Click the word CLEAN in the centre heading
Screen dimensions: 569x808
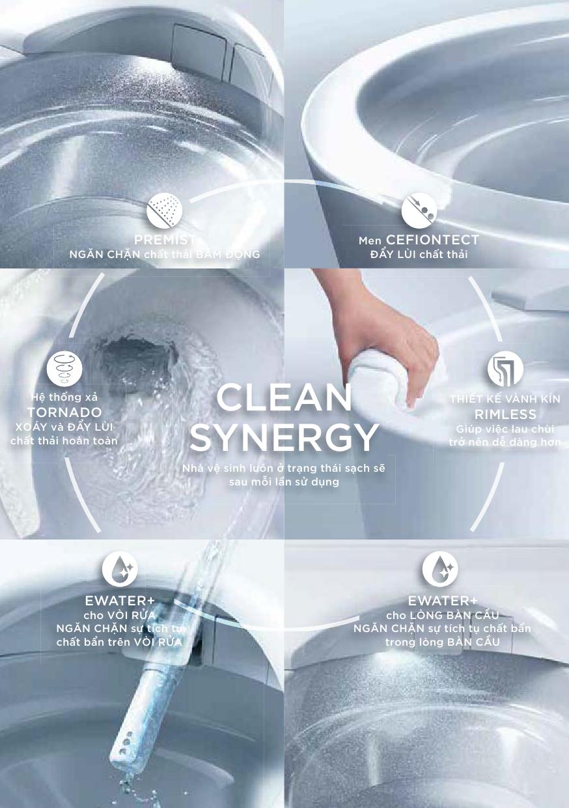coord(284,397)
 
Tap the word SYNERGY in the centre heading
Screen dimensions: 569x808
coord(284,437)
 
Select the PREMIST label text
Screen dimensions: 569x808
coord(165,240)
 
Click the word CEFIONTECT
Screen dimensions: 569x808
coord(432,240)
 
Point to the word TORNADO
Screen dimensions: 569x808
coord(64,412)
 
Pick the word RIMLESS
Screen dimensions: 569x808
coord(505,414)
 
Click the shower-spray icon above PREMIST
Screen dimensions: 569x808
coord(164,210)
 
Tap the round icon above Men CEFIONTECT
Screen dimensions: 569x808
coord(419,210)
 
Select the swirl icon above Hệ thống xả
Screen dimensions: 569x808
coord(64,369)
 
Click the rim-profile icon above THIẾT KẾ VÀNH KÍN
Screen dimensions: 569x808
coord(505,368)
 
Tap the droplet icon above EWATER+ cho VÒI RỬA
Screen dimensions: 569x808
coord(120,570)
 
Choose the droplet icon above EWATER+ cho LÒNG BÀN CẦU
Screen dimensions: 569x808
coord(440,570)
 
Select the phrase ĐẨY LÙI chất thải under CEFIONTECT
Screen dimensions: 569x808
coord(419,254)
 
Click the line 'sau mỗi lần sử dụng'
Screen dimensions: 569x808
coord(284,482)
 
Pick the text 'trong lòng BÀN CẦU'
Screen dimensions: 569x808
coord(443,642)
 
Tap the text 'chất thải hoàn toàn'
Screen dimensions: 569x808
coord(64,440)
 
